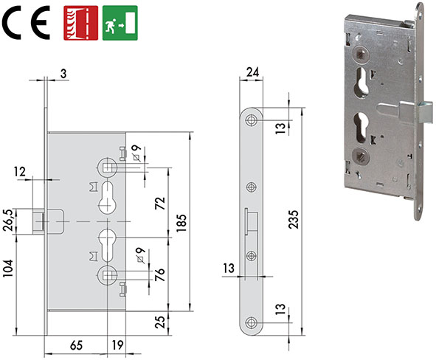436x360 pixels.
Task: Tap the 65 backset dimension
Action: [x=75, y=343]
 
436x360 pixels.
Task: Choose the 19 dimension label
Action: [x=117, y=343]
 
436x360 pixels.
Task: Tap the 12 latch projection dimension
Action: [x=20, y=172]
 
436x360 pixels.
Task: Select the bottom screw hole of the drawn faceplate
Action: [x=252, y=322]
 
